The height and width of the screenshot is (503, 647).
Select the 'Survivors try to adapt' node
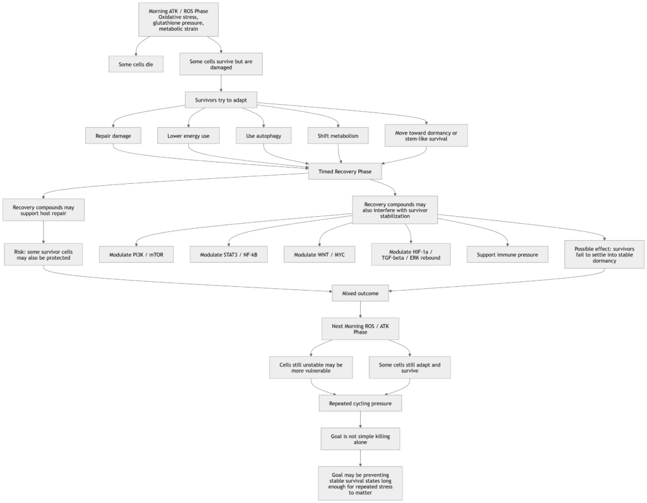221,100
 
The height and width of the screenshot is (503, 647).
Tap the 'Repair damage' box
113,136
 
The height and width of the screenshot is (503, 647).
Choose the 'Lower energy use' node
188,136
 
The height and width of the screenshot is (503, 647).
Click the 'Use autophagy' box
263,136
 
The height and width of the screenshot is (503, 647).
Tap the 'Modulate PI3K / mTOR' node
136,254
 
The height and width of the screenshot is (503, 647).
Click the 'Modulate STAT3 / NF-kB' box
229,254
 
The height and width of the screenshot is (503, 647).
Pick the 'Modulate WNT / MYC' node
319,254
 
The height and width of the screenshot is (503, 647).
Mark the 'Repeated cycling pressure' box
360,403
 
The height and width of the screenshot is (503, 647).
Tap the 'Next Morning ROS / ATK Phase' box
360,329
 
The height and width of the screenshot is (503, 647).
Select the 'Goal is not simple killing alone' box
360,439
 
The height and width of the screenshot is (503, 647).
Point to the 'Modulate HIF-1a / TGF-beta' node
411,254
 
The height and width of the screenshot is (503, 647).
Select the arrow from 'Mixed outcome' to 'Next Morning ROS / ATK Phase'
360,308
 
